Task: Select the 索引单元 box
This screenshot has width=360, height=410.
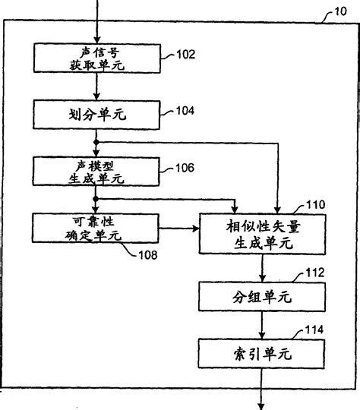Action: coord(261,353)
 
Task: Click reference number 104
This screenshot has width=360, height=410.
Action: coord(185,111)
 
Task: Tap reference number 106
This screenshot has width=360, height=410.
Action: coord(185,167)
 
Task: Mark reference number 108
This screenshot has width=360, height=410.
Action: coord(148,255)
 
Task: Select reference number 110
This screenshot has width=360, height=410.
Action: coord(314,204)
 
